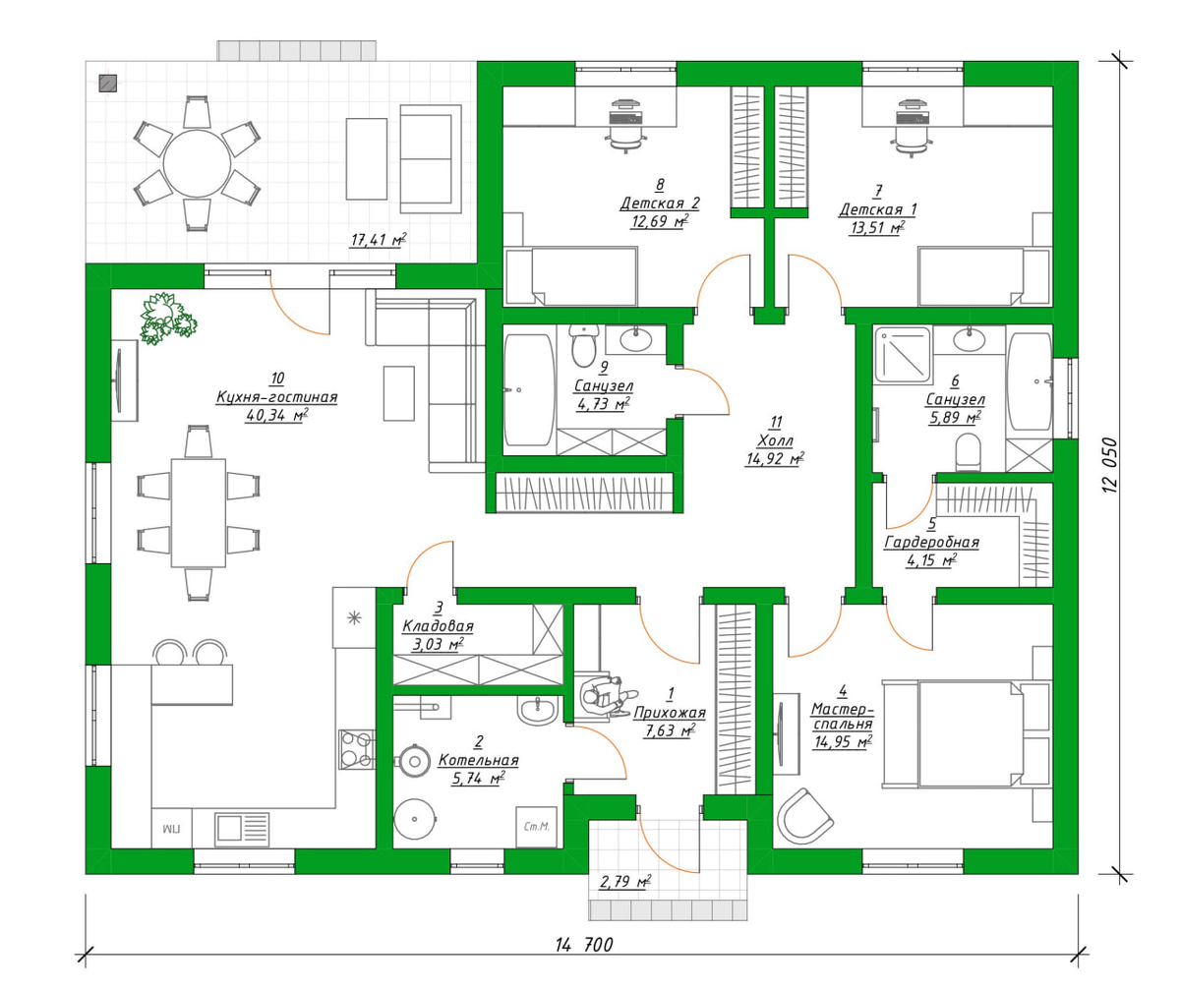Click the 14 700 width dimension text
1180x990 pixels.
[584, 945]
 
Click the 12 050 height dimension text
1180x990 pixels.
[1110, 465]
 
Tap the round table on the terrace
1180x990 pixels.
[198, 164]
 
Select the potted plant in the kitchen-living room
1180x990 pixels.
[167, 319]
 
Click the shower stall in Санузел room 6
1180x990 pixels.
[902, 354]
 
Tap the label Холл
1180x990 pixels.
[776, 440]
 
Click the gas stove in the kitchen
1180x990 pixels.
[357, 749]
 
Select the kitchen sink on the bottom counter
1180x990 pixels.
[242, 830]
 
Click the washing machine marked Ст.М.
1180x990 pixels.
[536, 827]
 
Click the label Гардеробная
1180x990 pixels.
[931, 543]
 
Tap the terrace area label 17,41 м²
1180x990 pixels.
[378, 240]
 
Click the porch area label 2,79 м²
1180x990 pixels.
[624, 881]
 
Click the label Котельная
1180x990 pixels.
[478, 760]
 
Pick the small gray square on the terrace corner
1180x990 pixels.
[108, 83]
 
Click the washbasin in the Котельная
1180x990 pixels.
[537, 710]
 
